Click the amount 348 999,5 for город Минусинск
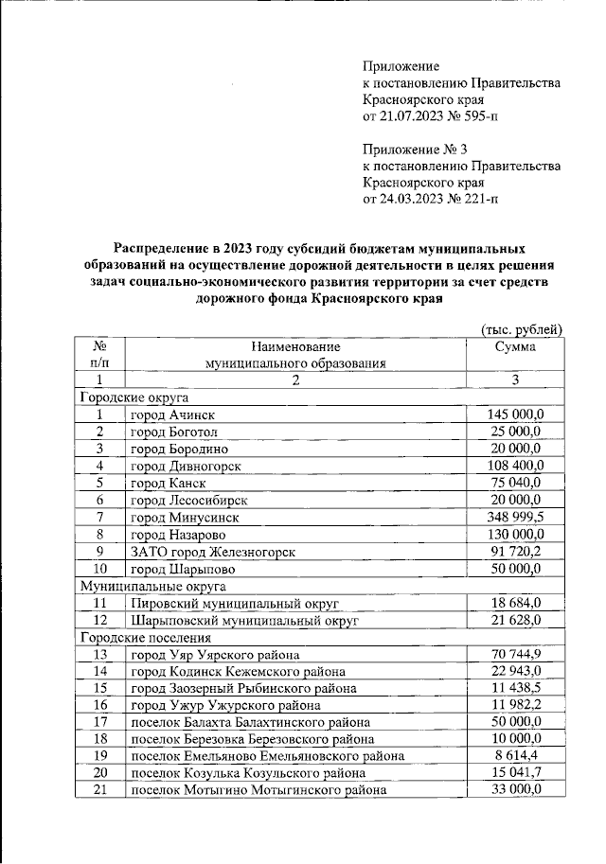[517, 518]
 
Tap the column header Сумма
[515, 347]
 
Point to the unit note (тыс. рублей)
[523, 328]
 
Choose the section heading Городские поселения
[136, 638]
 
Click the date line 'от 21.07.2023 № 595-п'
[434, 116]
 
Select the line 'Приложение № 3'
[415, 149]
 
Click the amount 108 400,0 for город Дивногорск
[517, 467]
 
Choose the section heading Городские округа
[121, 397]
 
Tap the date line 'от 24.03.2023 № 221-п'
[434, 199]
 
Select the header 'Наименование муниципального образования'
[295, 355]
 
